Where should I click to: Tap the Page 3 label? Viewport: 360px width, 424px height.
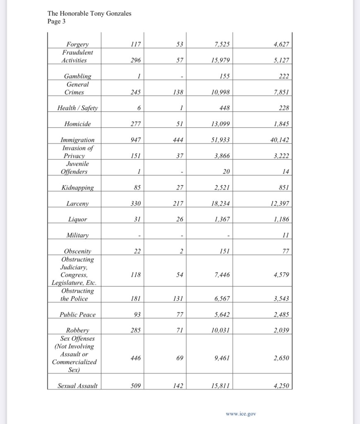(57, 21)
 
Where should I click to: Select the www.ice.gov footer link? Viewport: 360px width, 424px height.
(241, 413)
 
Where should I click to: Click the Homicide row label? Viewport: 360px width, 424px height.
(78, 124)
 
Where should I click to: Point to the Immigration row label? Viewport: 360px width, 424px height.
(78, 140)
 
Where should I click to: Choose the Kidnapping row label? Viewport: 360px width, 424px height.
(78, 188)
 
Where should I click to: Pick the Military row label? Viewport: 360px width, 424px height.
(78, 235)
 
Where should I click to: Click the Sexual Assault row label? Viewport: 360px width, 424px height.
(78, 386)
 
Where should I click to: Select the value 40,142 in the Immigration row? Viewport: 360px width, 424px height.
(279, 140)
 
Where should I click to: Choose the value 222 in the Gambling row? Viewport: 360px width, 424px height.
(283, 76)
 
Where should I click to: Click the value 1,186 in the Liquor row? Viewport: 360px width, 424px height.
(281, 219)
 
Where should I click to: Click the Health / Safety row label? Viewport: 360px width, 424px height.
(78, 108)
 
